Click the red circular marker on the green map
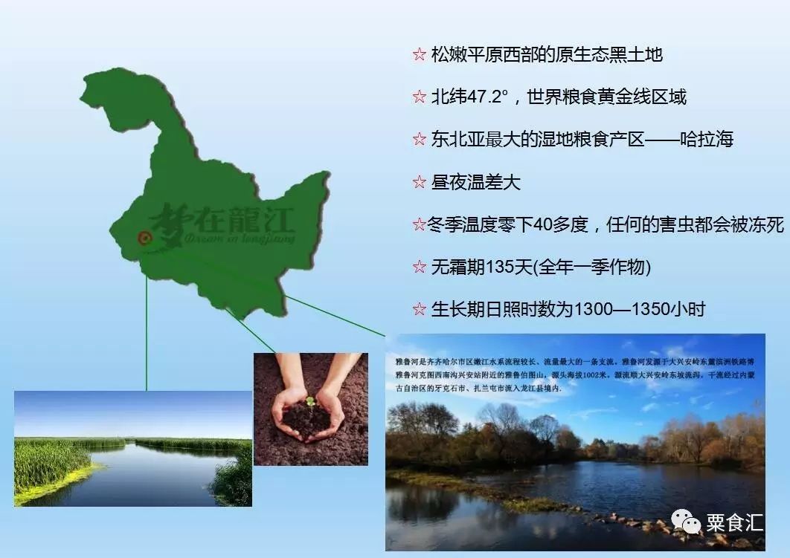(144, 238)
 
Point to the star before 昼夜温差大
(419, 182)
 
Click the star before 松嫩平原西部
(419, 55)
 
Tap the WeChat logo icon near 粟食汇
(686, 522)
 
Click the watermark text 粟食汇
(734, 522)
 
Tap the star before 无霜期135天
(419, 267)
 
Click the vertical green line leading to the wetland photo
(147, 334)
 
